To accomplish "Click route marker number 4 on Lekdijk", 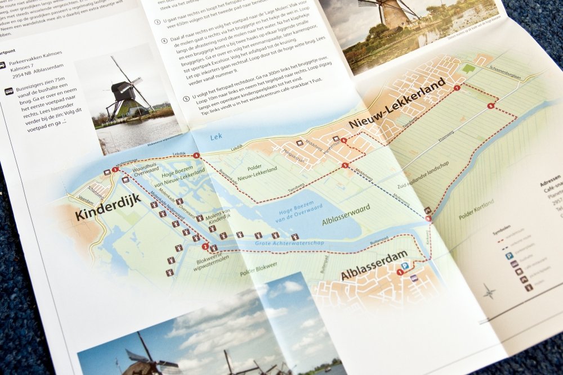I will [x=196, y=156].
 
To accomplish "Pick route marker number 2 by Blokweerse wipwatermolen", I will [x=205, y=246].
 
